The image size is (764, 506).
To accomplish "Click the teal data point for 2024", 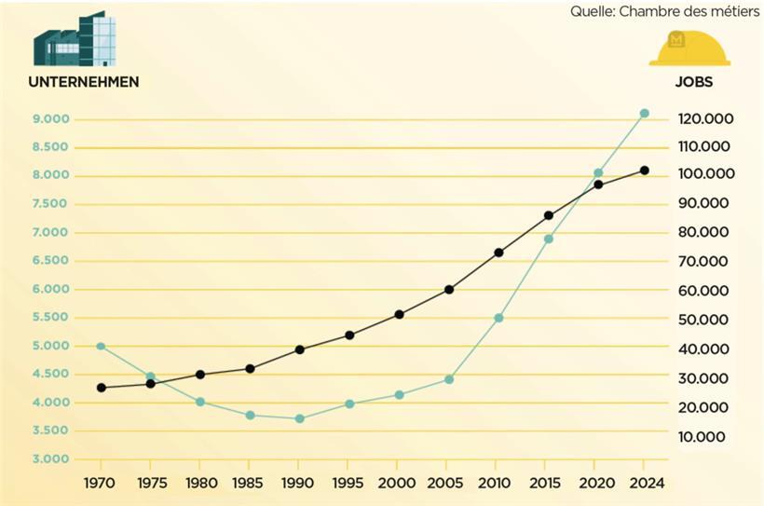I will coord(644,114).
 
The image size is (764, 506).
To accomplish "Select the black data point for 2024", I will coord(644,171).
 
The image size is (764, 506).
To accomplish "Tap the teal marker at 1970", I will coord(101,347).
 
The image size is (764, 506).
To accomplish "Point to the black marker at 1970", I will coord(101,388).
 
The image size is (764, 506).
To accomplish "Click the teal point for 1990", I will coord(299,419).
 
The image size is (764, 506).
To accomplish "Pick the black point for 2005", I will coord(448,290).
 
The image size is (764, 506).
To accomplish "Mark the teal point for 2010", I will coord(498,318).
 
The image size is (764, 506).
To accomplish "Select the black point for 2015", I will coord(548,215).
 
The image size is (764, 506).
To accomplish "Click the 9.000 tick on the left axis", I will coord(50,119).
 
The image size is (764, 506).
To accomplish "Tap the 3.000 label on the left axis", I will coord(50,459).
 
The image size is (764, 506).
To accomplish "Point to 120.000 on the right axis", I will coord(705,119).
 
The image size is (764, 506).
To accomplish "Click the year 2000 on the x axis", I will coord(398,483).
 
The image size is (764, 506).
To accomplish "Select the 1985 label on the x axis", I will coord(250,483).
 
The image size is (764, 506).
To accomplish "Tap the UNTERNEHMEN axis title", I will coord(84,82).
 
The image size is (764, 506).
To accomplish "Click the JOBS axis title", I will coord(693,82).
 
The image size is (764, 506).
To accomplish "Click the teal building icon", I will coord(75,39).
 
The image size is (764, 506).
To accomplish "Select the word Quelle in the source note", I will coord(592,11).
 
